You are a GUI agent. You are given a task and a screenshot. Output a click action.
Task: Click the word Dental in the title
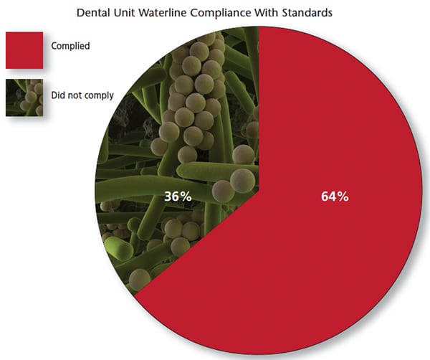click(x=93, y=13)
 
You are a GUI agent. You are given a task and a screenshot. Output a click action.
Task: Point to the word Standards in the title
click(x=307, y=13)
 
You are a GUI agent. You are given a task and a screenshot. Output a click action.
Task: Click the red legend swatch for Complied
click(x=24, y=50)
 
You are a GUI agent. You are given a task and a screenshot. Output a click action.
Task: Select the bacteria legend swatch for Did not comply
click(x=24, y=98)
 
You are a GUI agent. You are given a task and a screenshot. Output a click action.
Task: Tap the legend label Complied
click(x=70, y=46)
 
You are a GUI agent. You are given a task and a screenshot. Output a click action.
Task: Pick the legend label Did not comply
click(x=82, y=95)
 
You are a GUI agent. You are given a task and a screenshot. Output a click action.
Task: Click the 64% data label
click(x=335, y=196)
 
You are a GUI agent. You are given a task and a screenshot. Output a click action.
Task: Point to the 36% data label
click(x=178, y=196)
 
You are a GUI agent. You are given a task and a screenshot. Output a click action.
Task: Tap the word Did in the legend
click(x=58, y=95)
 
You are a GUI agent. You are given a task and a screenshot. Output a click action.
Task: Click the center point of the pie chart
click(x=259, y=191)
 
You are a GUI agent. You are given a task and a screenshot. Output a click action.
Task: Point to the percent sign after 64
click(x=343, y=196)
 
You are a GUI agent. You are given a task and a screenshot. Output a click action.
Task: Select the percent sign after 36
click(x=186, y=196)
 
